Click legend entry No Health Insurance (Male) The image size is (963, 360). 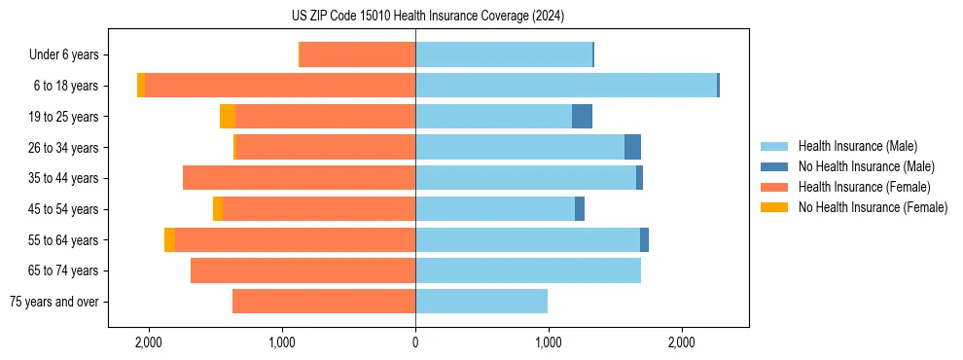tap(866, 166)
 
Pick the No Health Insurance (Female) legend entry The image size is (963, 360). tap(872, 207)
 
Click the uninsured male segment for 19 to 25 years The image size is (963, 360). tap(582, 117)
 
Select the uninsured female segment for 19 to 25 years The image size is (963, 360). tap(228, 117)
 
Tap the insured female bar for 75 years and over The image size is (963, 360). tap(324, 302)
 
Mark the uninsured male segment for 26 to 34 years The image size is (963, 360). tap(632, 147)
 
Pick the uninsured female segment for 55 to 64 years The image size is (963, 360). tap(170, 239)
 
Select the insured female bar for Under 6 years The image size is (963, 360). tap(357, 55)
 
